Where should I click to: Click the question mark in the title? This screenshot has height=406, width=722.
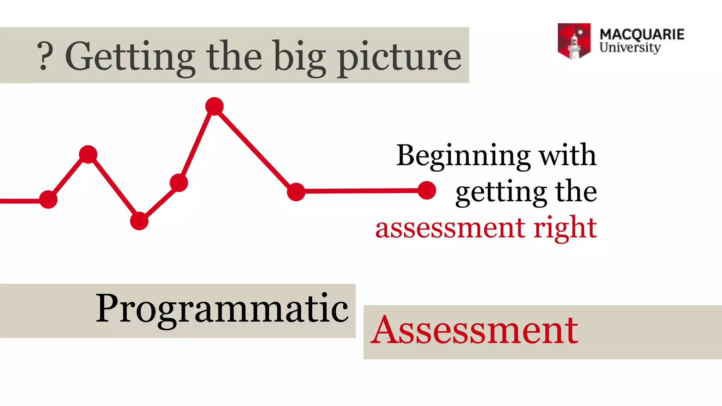[45, 56]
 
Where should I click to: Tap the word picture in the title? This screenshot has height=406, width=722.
[399, 58]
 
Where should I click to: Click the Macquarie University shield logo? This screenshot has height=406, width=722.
[574, 41]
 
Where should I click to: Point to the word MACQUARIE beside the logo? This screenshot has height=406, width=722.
[642, 35]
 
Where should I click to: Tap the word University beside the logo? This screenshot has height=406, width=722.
[630, 48]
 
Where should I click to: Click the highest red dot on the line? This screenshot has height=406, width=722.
[214, 106]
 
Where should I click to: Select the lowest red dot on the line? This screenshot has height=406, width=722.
[139, 221]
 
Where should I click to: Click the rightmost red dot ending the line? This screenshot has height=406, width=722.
[427, 190]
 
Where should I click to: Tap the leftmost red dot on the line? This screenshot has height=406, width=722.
[48, 199]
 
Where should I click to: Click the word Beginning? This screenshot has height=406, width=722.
[463, 156]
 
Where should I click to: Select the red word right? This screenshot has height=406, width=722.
[565, 228]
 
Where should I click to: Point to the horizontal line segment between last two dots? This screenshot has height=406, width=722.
[361, 191]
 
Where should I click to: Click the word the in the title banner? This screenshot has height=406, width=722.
[234, 56]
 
